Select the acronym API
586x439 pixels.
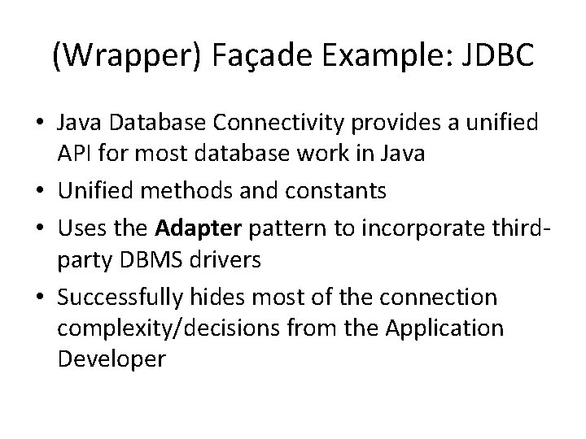tap(75, 153)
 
